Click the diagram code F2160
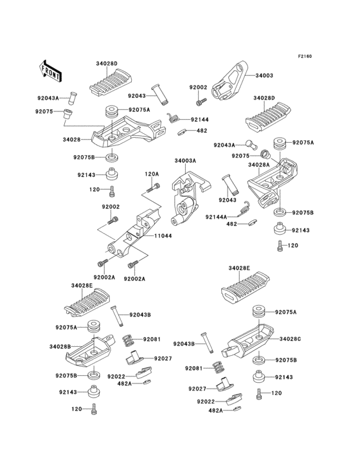coord(305,57)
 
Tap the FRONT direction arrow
coord(51,71)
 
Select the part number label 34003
coord(264,75)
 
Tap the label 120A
coord(151,174)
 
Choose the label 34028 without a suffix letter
coord(71,139)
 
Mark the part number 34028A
coord(258,165)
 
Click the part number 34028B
coord(60,347)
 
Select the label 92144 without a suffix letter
coord(199,119)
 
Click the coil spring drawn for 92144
coord(172,118)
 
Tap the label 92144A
coord(217,217)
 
